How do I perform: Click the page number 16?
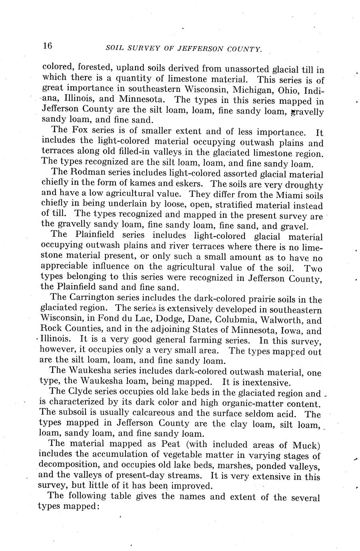point(47,46)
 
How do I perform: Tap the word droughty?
point(305,185)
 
